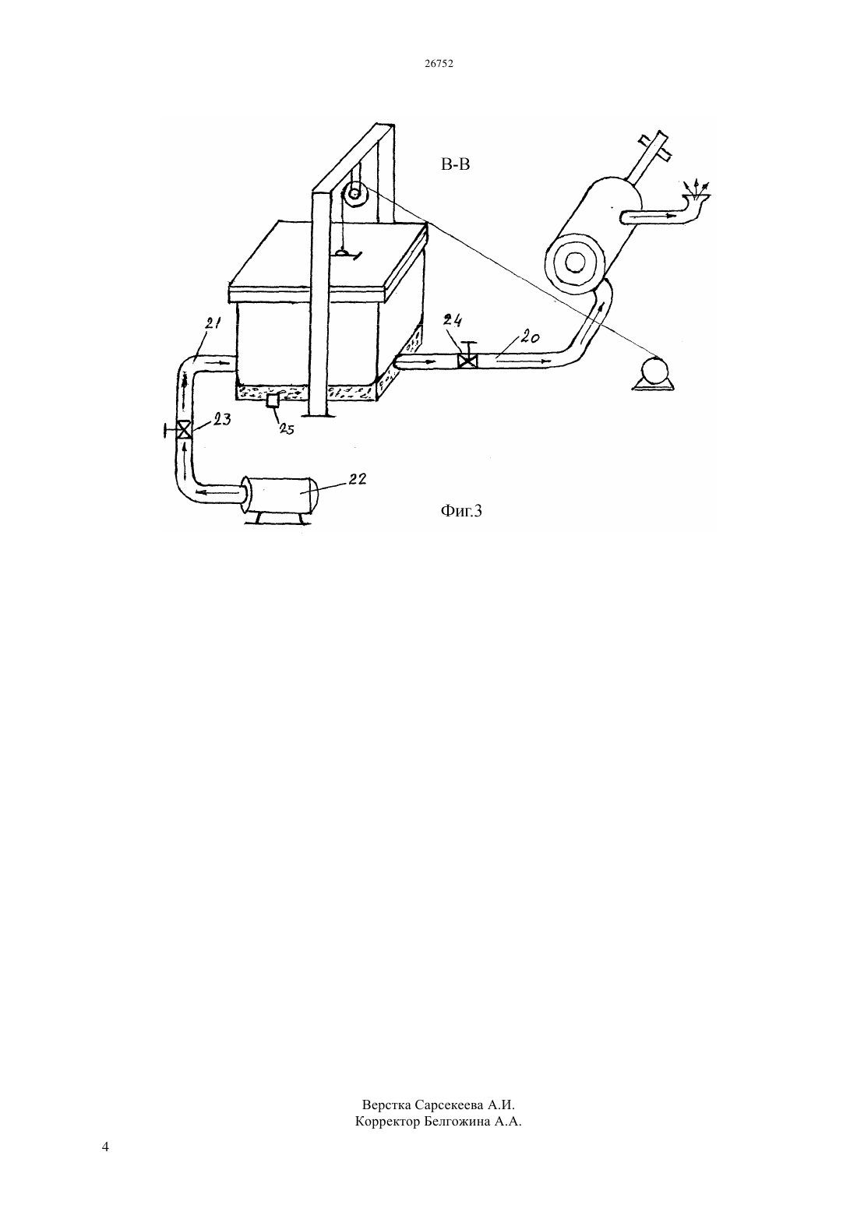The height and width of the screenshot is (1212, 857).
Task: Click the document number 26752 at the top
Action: click(439, 63)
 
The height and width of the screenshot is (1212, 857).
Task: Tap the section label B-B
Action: click(455, 164)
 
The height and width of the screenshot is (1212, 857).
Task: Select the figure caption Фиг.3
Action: click(461, 510)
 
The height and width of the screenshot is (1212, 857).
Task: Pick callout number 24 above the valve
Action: click(453, 321)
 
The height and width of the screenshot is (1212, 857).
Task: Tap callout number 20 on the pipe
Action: click(531, 337)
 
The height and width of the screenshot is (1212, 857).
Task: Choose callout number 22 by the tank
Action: click(357, 479)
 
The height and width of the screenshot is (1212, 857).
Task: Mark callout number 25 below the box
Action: click(286, 429)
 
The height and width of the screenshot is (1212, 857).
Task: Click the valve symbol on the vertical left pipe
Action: click(184, 430)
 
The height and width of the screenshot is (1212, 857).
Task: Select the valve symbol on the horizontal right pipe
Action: click(467, 359)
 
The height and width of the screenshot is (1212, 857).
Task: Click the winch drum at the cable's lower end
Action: click(652, 373)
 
